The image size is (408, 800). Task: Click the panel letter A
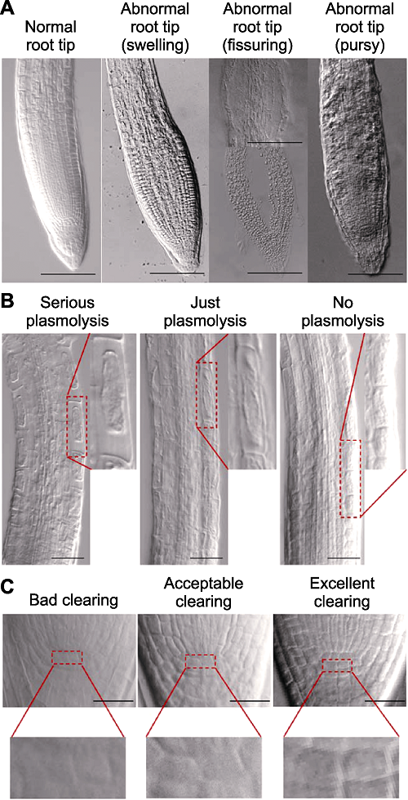click(7, 9)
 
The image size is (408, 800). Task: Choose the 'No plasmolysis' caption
click(342, 311)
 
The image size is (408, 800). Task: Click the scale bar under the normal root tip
click(68, 274)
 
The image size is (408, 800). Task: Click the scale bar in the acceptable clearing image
click(250, 701)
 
